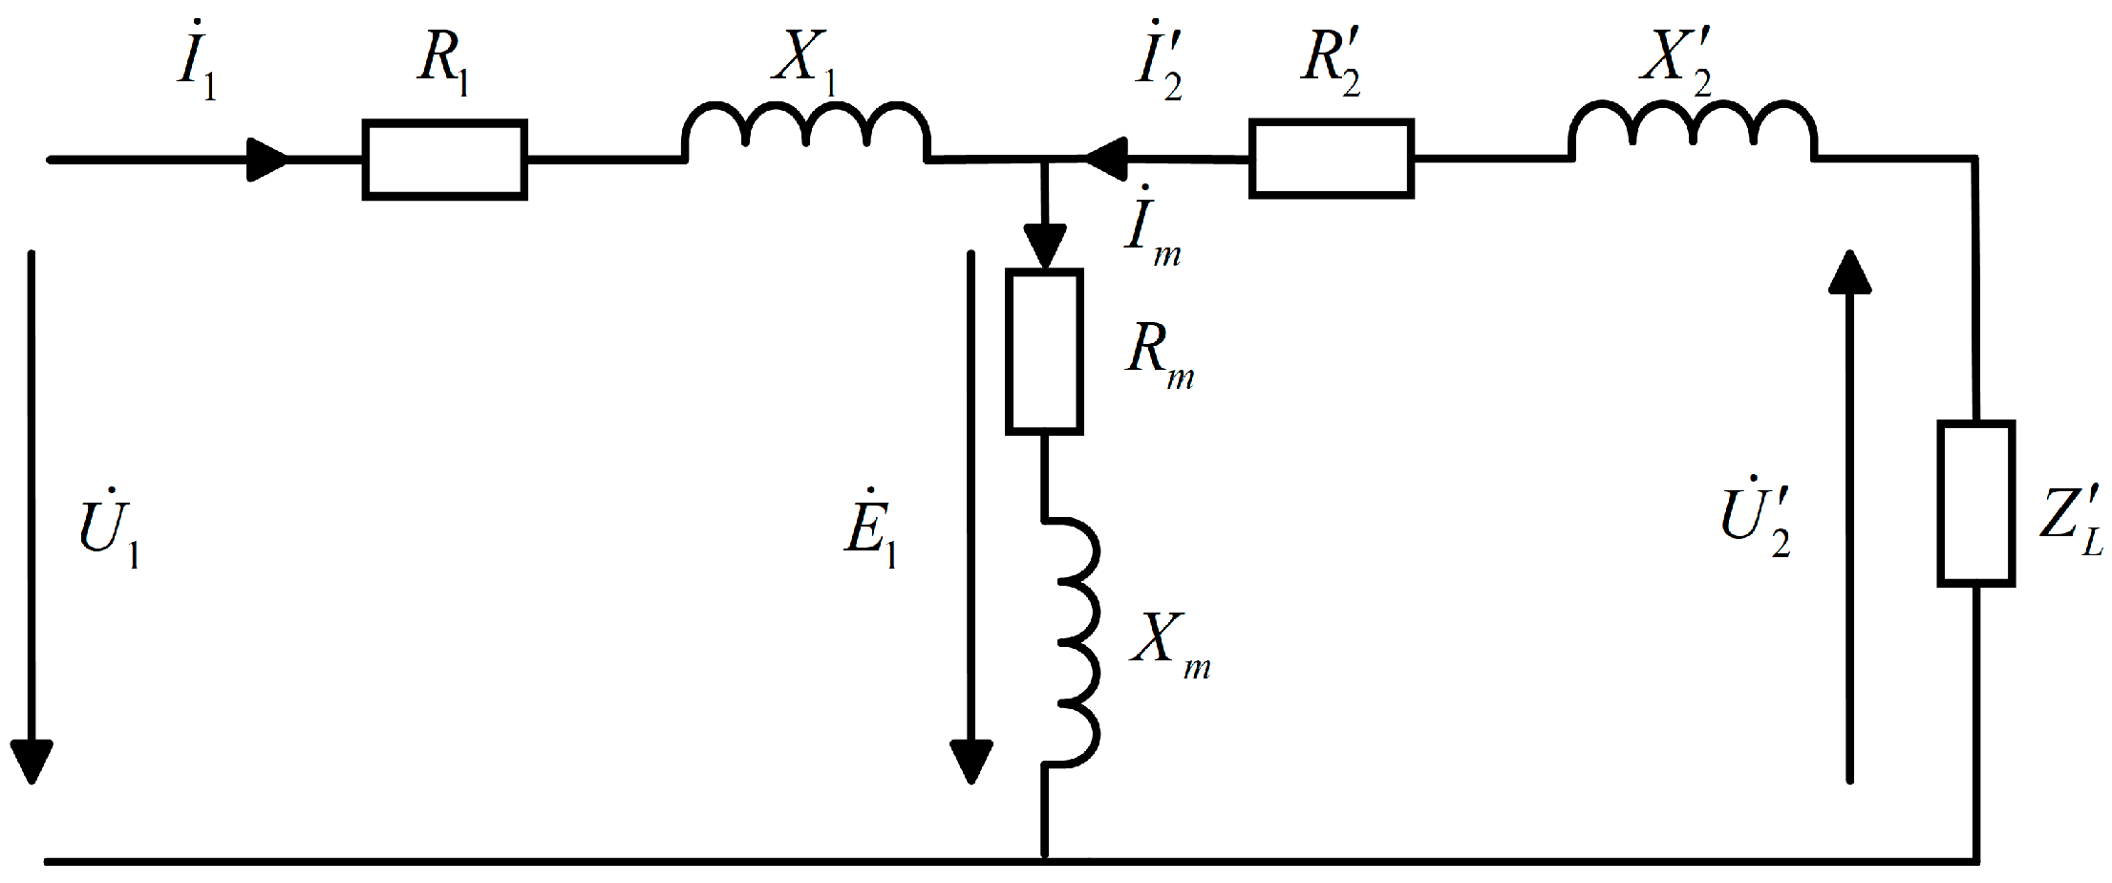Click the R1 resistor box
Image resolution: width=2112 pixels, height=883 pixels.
pos(444,160)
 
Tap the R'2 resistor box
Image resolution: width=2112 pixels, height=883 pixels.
pos(1331,159)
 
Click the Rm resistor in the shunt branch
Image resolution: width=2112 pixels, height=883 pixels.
pos(1044,352)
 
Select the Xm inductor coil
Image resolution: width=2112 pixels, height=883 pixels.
pos(1075,642)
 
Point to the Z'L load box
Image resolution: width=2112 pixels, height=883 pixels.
pos(1975,503)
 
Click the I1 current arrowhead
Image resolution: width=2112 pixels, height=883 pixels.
pos(267,160)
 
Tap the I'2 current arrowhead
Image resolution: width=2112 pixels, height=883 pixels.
pos(1106,159)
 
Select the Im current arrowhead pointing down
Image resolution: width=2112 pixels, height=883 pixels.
pos(1045,247)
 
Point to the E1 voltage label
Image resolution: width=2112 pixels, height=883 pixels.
pos(870,530)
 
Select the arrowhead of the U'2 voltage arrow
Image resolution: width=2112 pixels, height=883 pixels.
pos(1850,272)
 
